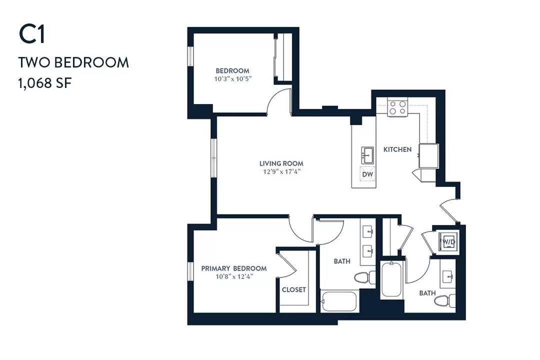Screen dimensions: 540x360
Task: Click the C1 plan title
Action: pyautogui.click(x=32, y=34)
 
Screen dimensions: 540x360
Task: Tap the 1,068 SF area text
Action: pyautogui.click(x=45, y=83)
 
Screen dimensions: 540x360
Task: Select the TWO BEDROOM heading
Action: pyautogui.click(x=73, y=62)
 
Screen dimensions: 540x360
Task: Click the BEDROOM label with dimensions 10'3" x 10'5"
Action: pyautogui.click(x=232, y=70)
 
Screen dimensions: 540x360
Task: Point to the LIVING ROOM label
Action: pyautogui.click(x=281, y=163)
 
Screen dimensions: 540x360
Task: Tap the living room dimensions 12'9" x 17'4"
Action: pyautogui.click(x=281, y=171)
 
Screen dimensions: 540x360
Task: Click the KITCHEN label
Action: pyautogui.click(x=397, y=149)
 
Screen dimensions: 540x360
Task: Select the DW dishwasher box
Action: pyautogui.click(x=367, y=174)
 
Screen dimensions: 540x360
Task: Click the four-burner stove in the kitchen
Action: pyautogui.click(x=397, y=107)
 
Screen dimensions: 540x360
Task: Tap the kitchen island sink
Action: pyautogui.click(x=367, y=155)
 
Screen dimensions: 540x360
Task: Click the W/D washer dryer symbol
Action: pyautogui.click(x=448, y=241)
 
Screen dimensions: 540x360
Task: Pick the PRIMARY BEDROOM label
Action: pyautogui.click(x=234, y=268)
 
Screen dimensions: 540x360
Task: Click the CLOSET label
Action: pyautogui.click(x=294, y=289)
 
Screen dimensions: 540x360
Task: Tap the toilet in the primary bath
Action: pyautogui.click(x=365, y=277)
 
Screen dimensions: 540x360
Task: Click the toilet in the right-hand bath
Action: pyautogui.click(x=445, y=300)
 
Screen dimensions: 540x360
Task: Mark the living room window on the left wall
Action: pyautogui.click(x=214, y=158)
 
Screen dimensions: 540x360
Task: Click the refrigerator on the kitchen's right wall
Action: pyautogui.click(x=428, y=155)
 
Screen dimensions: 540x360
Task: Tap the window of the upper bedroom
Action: pyautogui.click(x=190, y=56)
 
